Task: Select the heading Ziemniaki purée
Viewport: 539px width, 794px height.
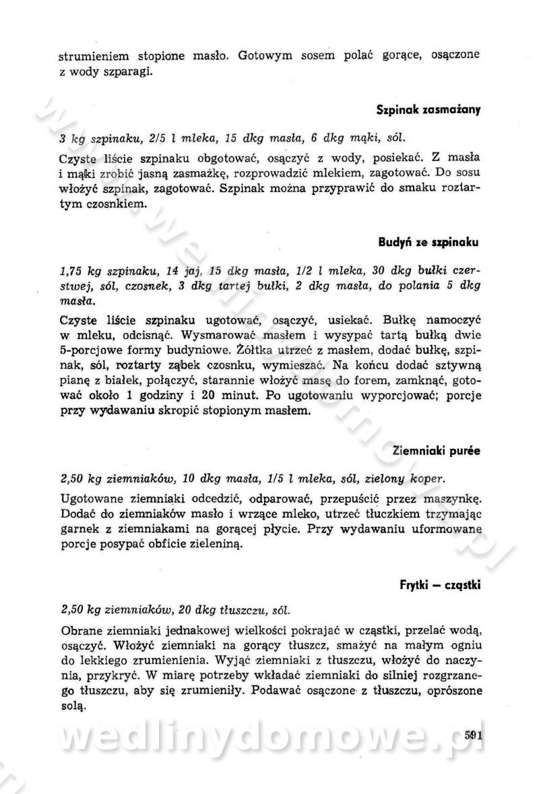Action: point(437,450)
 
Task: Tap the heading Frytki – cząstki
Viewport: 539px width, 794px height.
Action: point(439,584)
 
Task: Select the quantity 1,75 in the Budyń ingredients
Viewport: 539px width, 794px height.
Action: point(71,272)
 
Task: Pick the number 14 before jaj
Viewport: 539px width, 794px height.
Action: point(172,272)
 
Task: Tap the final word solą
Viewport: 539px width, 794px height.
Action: point(72,706)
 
